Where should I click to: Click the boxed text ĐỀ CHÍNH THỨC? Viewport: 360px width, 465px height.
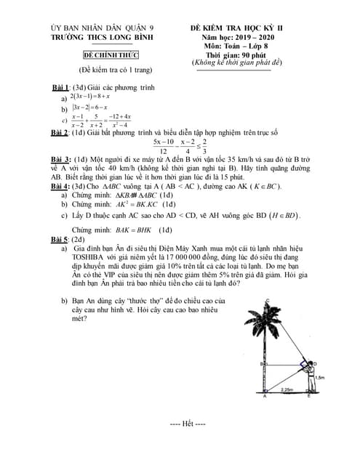(x=111, y=55)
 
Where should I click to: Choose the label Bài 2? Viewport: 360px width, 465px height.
(x=63, y=133)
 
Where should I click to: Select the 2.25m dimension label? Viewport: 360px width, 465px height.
(x=286, y=389)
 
